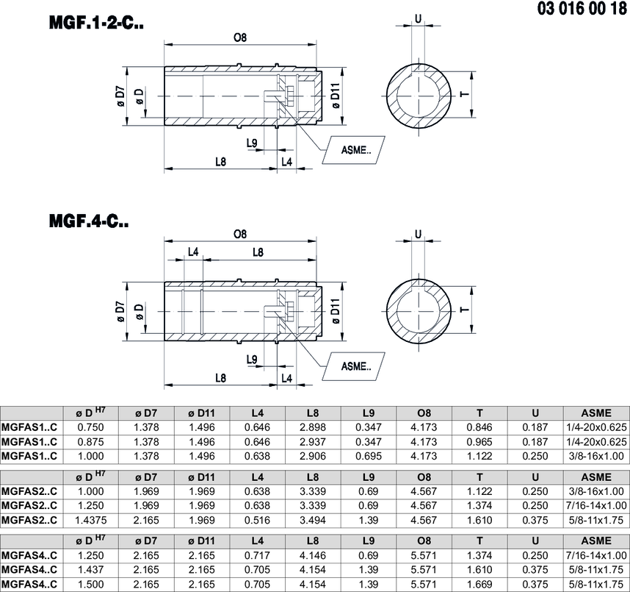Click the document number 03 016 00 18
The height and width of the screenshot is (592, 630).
point(582,9)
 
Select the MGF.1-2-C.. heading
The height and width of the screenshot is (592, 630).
point(96,23)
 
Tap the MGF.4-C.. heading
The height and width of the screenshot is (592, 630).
point(89,221)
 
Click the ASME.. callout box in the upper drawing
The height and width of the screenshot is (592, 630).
point(354,150)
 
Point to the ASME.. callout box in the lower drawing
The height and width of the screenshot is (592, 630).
point(354,366)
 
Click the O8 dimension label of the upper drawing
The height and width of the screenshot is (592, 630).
point(240,38)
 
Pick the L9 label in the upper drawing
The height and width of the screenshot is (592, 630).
point(252,143)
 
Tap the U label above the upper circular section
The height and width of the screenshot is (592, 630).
point(419,19)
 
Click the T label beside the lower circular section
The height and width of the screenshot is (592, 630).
point(465,310)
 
